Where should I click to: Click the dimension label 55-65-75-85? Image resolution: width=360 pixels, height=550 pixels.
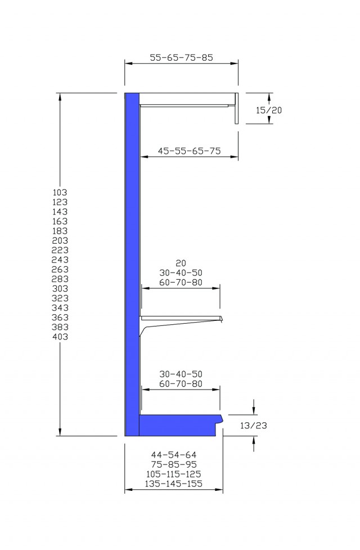click(x=181, y=57)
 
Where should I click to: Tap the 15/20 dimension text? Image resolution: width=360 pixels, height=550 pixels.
click(x=268, y=110)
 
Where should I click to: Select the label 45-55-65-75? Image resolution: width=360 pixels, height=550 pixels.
click(x=190, y=151)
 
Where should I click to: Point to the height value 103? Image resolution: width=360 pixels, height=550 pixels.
click(x=60, y=192)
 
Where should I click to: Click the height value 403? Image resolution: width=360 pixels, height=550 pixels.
click(x=60, y=337)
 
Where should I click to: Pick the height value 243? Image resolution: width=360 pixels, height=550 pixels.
click(x=60, y=260)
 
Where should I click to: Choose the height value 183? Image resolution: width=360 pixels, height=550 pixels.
click(x=60, y=231)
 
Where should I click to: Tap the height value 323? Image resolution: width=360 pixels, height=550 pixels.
click(x=60, y=298)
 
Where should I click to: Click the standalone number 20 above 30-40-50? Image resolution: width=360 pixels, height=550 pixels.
click(x=181, y=263)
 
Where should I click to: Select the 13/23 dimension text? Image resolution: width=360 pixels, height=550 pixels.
click(x=254, y=426)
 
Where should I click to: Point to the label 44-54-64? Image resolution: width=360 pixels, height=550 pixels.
click(x=174, y=455)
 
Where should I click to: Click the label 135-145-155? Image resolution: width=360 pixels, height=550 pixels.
click(x=174, y=484)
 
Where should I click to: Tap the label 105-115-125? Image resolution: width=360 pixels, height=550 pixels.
click(x=174, y=474)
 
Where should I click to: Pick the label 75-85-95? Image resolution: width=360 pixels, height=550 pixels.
click(x=174, y=464)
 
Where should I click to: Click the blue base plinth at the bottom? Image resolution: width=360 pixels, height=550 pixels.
click(x=181, y=425)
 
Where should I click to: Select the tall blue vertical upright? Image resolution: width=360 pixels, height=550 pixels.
click(x=132, y=265)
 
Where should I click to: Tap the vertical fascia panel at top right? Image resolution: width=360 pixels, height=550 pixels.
click(x=237, y=109)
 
